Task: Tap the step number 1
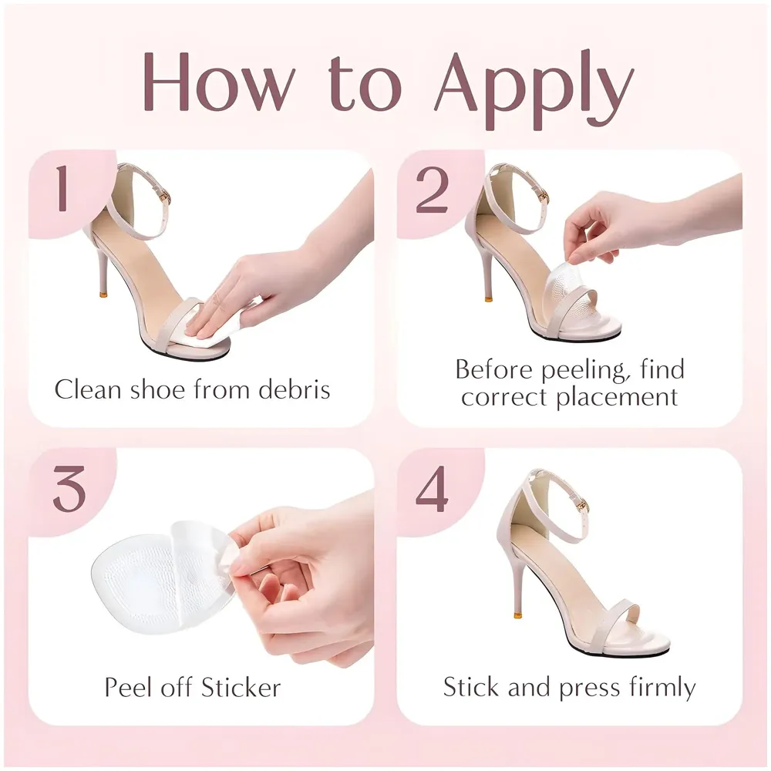coord(62,191)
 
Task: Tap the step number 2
coord(432,191)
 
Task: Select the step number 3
coord(69,490)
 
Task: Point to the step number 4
coord(432,490)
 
